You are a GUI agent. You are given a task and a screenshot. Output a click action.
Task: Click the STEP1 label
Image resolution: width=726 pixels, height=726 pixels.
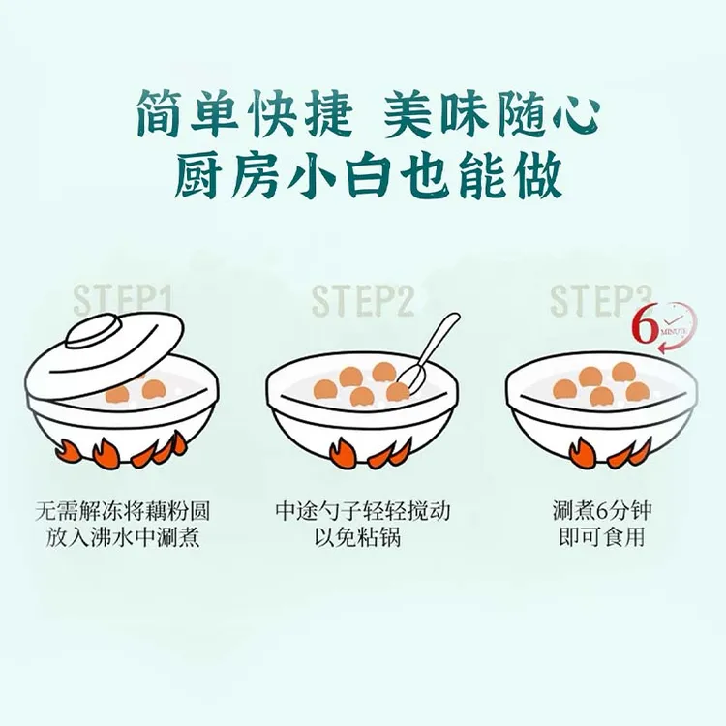coord(123,299)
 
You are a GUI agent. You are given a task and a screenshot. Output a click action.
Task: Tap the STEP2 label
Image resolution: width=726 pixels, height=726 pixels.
coord(363,301)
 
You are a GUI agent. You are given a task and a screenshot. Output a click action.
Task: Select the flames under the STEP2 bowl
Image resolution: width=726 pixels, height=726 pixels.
coord(363,452)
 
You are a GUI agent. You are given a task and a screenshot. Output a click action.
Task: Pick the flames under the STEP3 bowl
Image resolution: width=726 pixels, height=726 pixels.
coord(601,452)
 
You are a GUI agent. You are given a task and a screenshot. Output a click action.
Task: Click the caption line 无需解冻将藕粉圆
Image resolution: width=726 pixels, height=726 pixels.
coord(122,510)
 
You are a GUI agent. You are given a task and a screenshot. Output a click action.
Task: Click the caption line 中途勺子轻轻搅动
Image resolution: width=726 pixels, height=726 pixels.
coord(363,510)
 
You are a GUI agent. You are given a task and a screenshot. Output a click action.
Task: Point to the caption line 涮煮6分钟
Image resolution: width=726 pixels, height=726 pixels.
coord(601,510)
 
